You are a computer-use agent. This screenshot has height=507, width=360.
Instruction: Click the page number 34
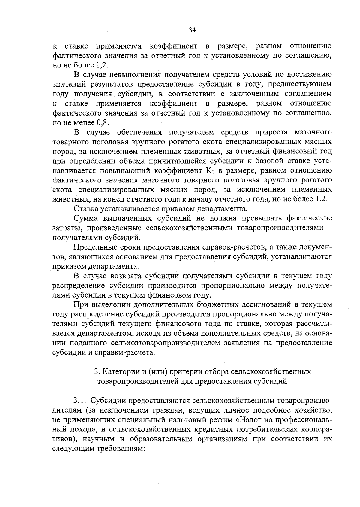pyautogui.click(x=192, y=30)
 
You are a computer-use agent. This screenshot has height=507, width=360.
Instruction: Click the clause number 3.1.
pyautogui.click(x=80, y=401)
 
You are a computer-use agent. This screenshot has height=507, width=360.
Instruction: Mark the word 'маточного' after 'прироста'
pyautogui.click(x=313, y=132)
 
